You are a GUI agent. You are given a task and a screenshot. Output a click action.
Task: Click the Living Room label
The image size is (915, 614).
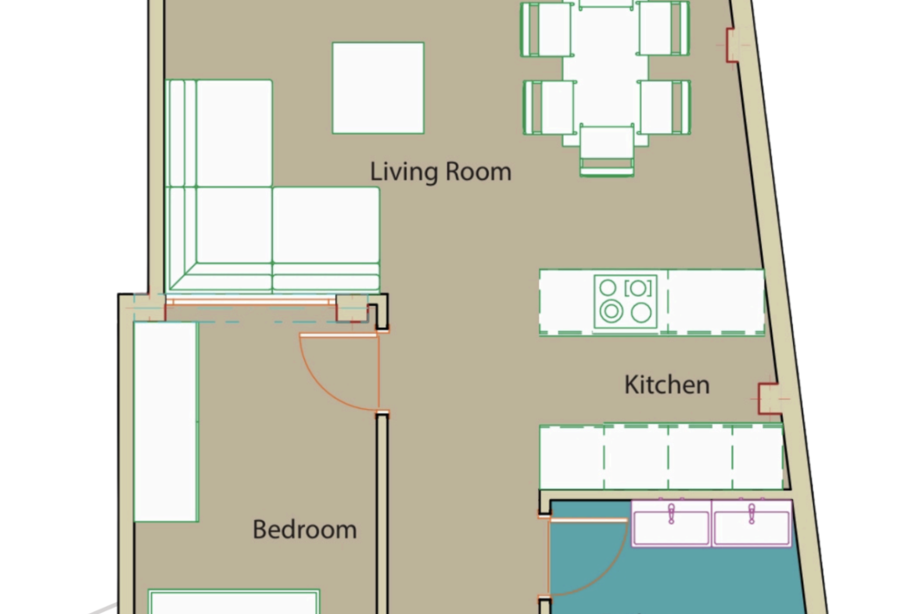point(440,171)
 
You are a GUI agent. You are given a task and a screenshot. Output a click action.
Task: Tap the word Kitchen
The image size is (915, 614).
point(667,385)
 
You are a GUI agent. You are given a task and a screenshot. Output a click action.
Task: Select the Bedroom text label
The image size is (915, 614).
point(305,530)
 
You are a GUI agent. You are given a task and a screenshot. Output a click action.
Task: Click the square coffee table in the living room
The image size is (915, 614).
point(379,88)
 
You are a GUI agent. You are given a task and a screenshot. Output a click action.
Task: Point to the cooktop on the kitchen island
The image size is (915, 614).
point(626,301)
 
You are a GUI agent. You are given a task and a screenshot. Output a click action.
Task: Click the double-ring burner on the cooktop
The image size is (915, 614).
point(611,311)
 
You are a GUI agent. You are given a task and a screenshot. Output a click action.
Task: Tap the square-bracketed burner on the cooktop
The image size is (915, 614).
point(638,288)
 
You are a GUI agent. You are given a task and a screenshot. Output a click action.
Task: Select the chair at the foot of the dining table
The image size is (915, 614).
point(607,151)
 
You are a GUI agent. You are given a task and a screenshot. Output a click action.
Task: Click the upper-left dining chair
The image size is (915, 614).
point(546,29)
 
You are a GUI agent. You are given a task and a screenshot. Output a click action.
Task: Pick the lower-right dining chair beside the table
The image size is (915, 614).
point(666,107)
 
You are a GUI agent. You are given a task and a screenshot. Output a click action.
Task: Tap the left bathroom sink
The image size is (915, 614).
point(671,523)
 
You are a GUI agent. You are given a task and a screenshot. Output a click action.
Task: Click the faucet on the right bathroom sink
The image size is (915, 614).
point(752,514)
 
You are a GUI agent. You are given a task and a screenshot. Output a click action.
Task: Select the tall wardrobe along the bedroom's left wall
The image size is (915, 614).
point(167,422)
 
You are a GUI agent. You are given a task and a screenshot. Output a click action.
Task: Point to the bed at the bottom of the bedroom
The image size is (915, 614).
point(233,601)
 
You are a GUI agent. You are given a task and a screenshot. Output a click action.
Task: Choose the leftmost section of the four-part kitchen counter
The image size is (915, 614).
point(572,457)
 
